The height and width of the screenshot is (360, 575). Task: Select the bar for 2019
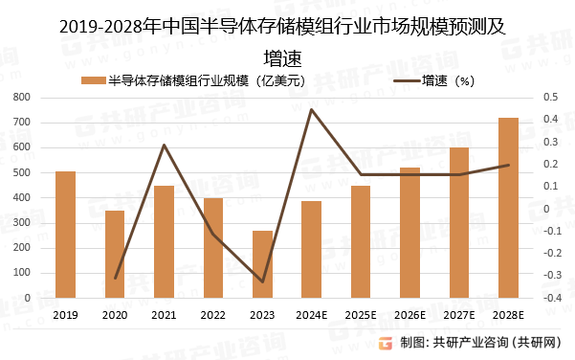click(x=65, y=235)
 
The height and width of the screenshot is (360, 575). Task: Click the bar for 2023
click(x=262, y=264)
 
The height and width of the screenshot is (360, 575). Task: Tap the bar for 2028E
click(x=508, y=208)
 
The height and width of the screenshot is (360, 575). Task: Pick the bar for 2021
click(x=164, y=241)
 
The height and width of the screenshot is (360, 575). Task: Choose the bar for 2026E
click(x=409, y=233)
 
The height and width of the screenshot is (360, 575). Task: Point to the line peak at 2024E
click(x=312, y=109)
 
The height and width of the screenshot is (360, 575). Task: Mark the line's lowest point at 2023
click(x=262, y=281)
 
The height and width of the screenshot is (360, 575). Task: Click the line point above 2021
click(x=164, y=145)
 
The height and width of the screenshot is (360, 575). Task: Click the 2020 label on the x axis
click(x=115, y=314)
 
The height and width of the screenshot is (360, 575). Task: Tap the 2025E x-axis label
click(x=361, y=314)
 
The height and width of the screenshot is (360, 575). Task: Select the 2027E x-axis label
click(x=459, y=314)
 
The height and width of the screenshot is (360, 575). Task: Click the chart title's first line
click(x=287, y=28)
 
